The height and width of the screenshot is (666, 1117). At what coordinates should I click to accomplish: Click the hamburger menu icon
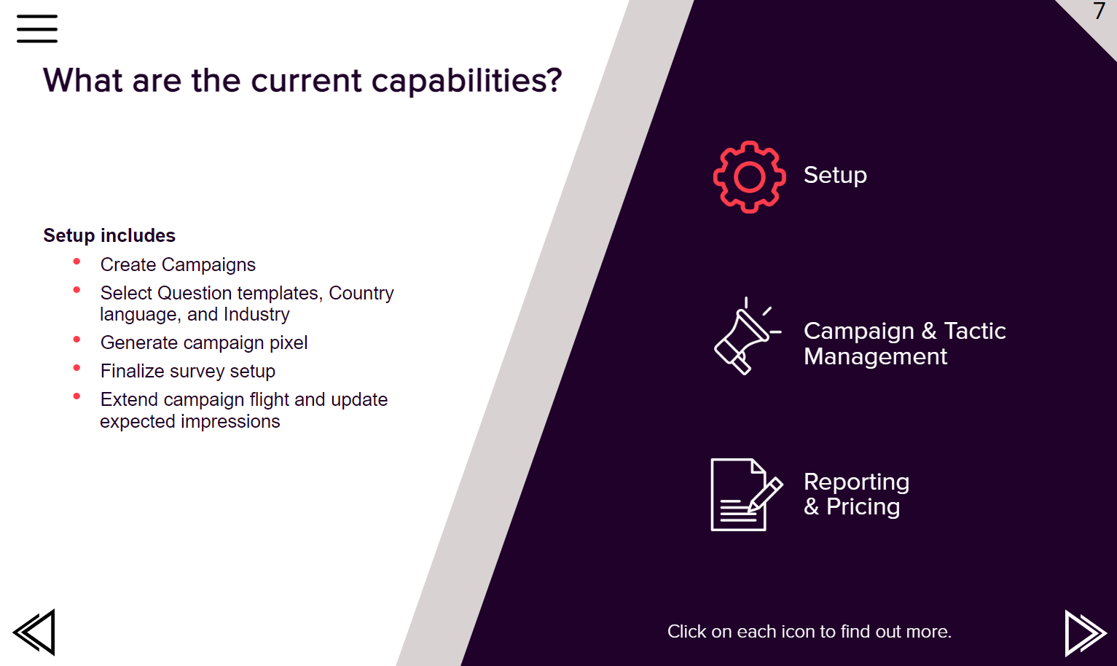[x=37, y=29]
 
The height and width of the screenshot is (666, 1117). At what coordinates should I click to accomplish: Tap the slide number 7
[x=1099, y=11]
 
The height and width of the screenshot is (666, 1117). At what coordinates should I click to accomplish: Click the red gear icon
[x=750, y=177]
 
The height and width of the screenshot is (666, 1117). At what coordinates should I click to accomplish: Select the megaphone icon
[x=747, y=336]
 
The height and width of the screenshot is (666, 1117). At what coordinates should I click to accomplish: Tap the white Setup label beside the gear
[x=835, y=176]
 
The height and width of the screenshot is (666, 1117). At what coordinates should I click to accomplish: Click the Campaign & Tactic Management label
[x=904, y=343]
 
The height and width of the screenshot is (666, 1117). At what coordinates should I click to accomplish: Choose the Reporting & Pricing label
[x=856, y=494]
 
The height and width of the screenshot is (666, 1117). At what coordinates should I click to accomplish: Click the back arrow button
[x=34, y=632]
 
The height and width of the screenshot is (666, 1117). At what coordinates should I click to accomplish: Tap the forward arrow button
[x=1086, y=633]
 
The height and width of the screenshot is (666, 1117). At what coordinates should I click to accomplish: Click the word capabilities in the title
[x=467, y=81]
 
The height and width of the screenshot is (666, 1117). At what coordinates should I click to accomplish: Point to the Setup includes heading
[x=109, y=235]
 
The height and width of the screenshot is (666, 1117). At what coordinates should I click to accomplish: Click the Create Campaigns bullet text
[x=178, y=265]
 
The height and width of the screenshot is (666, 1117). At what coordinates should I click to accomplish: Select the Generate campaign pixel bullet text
[x=204, y=343]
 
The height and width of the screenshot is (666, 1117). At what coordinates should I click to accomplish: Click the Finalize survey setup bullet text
[x=187, y=372]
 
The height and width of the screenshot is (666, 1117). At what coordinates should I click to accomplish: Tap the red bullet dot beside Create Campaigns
[x=77, y=262]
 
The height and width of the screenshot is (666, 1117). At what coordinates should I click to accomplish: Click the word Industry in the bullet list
[x=256, y=315]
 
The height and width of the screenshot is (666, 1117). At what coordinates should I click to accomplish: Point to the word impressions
[x=230, y=422]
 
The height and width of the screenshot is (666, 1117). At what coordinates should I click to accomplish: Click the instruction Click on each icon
[x=810, y=632]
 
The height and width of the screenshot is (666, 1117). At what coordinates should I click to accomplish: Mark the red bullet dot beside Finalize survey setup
[x=77, y=369]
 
